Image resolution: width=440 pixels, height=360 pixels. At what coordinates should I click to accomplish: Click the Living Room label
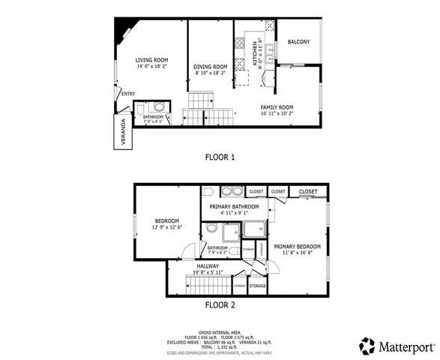(151, 60)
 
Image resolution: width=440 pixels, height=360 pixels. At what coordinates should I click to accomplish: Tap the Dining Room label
(211, 67)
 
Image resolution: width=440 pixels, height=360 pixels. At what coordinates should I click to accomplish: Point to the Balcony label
(298, 42)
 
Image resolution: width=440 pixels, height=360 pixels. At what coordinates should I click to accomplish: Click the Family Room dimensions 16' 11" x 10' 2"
(276, 115)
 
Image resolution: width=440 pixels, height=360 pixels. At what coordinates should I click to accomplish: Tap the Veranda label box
(121, 132)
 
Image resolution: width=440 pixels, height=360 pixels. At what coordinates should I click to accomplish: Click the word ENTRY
(128, 94)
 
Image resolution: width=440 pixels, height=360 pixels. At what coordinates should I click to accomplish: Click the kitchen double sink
(268, 52)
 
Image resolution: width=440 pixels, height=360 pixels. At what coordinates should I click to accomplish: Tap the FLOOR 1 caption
(220, 157)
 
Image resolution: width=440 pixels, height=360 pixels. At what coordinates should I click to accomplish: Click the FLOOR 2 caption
(220, 305)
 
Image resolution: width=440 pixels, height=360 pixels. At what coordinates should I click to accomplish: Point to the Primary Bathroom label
(234, 207)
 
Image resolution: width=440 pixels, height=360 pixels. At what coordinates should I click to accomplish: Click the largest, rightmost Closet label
(308, 192)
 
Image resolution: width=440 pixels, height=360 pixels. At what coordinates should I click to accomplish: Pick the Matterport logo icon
(367, 346)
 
